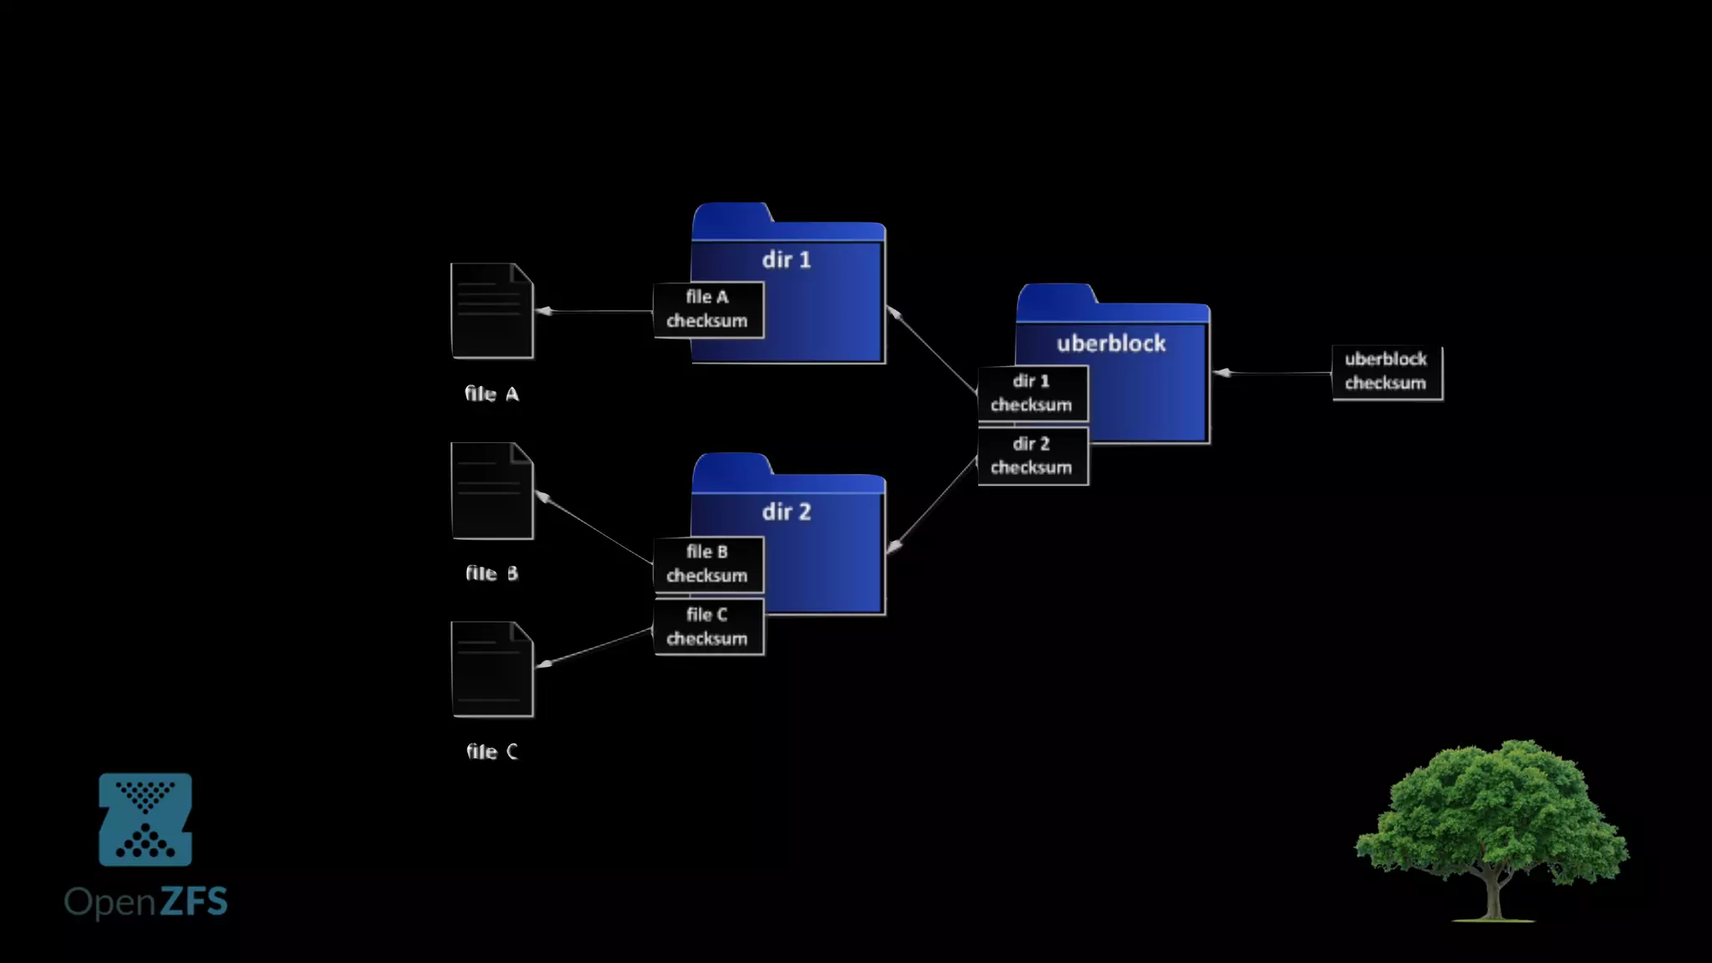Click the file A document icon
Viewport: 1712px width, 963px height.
[492, 311]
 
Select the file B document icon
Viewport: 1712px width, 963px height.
[492, 491]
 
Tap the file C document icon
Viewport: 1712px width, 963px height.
[492, 669]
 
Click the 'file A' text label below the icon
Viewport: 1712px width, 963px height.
[492, 394]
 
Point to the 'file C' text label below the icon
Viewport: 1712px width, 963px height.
[492, 752]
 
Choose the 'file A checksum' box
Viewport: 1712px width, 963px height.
[708, 309]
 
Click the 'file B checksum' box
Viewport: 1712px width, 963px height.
[708, 564]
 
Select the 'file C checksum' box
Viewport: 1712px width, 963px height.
[708, 627]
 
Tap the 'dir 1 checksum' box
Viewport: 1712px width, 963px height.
[1032, 393]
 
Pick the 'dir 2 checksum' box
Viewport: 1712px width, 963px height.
[1032, 456]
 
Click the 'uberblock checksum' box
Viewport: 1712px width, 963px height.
[1386, 372]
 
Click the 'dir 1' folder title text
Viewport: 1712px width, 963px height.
[786, 260]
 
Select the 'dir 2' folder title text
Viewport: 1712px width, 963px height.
[786, 512]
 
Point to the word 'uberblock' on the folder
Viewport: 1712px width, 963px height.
[1111, 344]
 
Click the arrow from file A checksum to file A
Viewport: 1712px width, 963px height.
[594, 311]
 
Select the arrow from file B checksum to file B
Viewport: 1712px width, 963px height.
[594, 528]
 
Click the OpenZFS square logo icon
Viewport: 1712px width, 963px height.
[145, 819]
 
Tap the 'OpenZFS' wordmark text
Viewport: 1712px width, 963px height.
[145, 902]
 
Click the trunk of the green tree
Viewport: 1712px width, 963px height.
[1493, 899]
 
